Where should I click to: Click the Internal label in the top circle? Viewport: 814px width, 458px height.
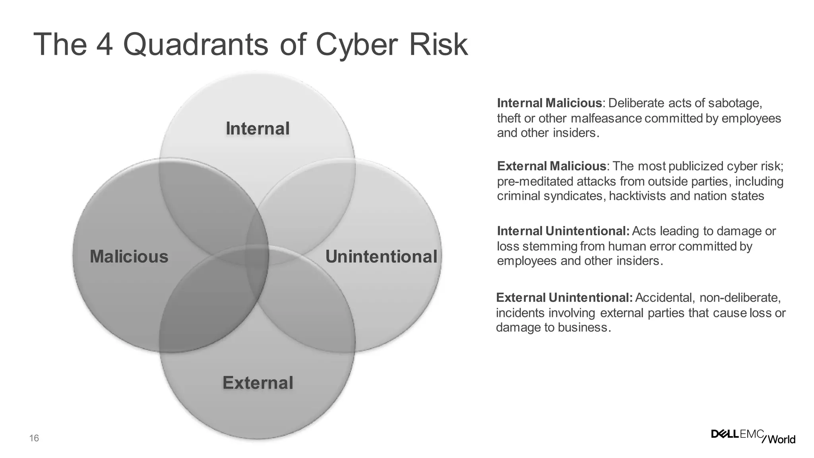coord(258,129)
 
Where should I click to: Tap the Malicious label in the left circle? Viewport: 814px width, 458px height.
coord(129,256)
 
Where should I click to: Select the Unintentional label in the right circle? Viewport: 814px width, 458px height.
coord(381,256)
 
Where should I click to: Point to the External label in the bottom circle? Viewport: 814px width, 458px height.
coord(258,383)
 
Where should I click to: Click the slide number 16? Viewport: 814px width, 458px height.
coord(34,439)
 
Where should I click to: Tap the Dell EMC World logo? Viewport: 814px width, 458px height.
coord(753,436)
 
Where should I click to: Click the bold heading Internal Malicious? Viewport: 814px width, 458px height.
coord(549,103)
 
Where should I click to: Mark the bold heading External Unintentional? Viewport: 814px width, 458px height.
coord(564,297)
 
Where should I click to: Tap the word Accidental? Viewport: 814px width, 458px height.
coord(665,297)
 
